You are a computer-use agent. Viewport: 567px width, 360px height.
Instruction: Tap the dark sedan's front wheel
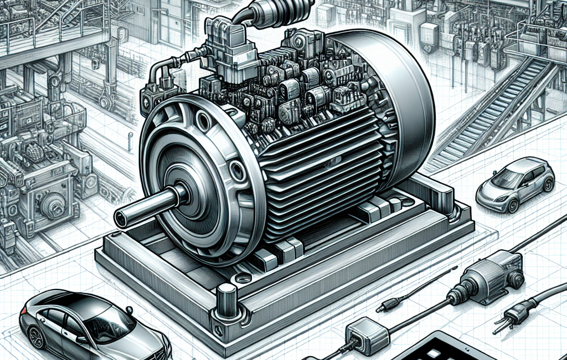36,337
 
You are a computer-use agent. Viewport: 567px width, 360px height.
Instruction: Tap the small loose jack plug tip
382,306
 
